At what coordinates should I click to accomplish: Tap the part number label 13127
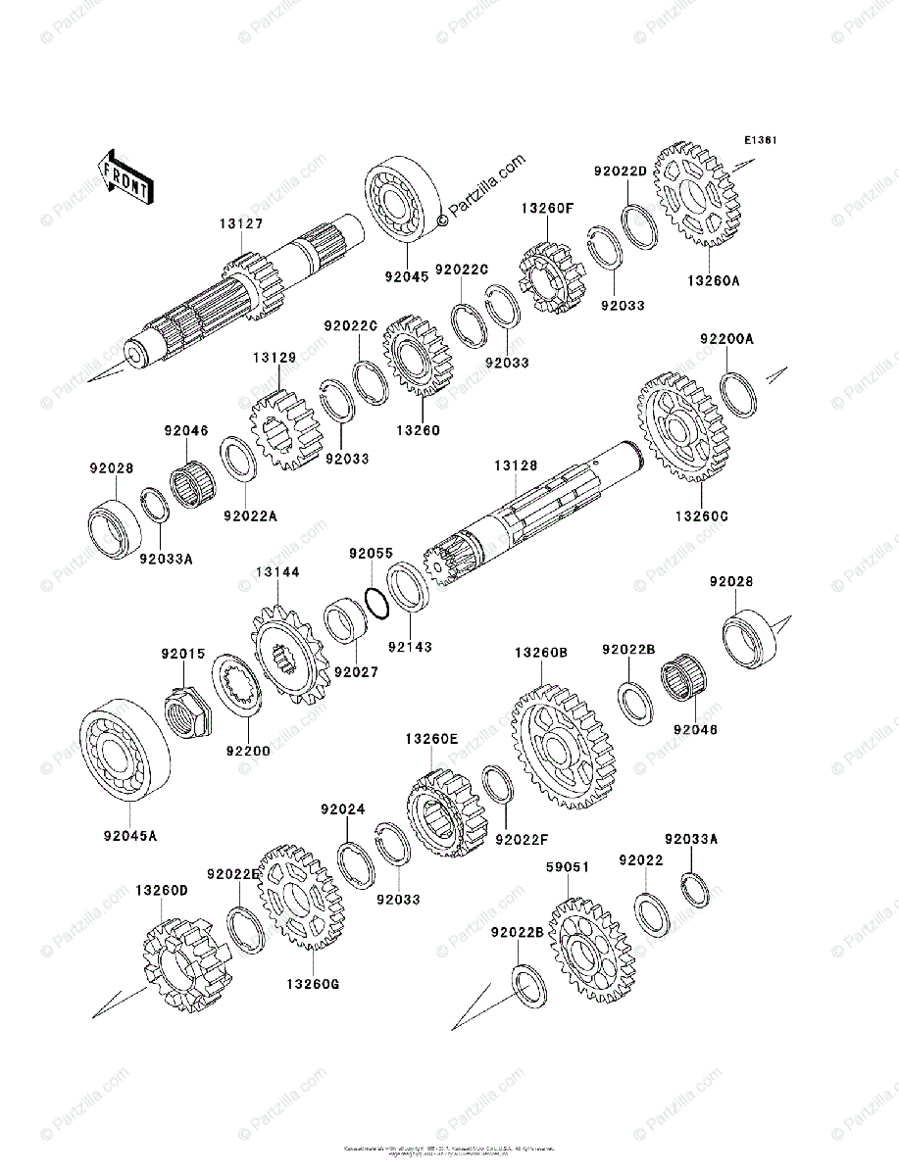pyautogui.click(x=240, y=224)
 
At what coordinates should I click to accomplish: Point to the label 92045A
pyautogui.click(x=129, y=836)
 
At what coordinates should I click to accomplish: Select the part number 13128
pyautogui.click(x=516, y=466)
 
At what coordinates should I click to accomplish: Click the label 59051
pyautogui.click(x=568, y=867)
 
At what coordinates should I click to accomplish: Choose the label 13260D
pyautogui.click(x=161, y=891)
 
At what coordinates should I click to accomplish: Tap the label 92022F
pyautogui.click(x=521, y=839)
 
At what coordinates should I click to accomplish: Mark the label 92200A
pyautogui.click(x=726, y=339)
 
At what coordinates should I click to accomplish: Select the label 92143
pyautogui.click(x=409, y=647)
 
